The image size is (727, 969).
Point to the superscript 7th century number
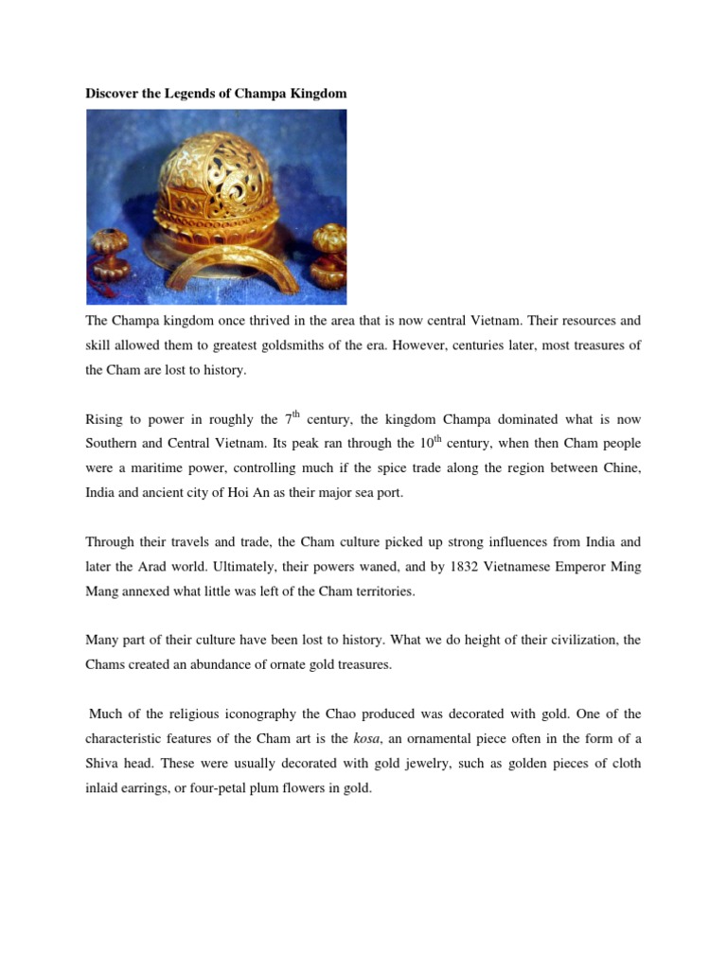click(292, 418)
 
